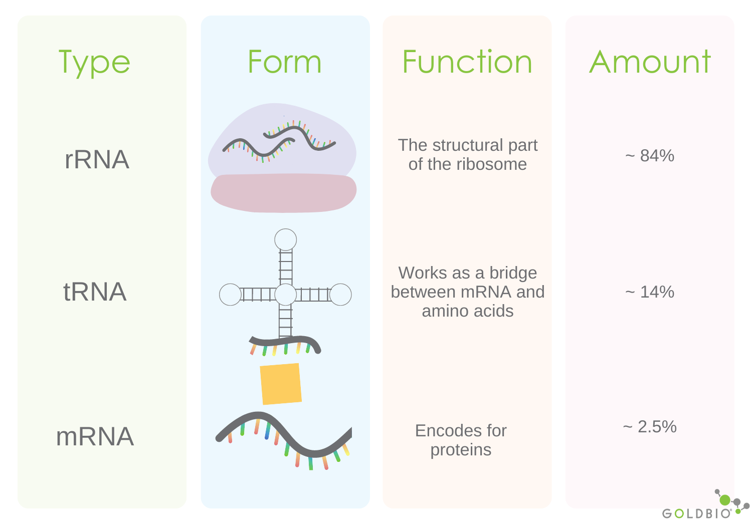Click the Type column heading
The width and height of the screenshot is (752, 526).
click(x=94, y=63)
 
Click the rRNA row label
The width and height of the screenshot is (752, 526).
click(x=97, y=160)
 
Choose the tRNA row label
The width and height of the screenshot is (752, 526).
click(x=95, y=292)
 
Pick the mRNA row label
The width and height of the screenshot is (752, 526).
click(x=95, y=436)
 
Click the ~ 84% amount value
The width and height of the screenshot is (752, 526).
click(x=650, y=156)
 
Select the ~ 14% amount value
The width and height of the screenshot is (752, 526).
click(x=650, y=292)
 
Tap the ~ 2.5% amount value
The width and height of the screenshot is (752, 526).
click(x=650, y=427)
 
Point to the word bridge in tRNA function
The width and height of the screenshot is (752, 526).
click(x=513, y=273)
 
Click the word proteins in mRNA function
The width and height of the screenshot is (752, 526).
click(x=461, y=450)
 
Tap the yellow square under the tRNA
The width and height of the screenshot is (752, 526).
click(x=281, y=384)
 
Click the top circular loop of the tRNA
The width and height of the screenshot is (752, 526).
click(x=286, y=240)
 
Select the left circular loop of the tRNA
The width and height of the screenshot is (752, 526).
click(x=231, y=295)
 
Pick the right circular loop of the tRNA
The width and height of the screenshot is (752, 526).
click(x=340, y=295)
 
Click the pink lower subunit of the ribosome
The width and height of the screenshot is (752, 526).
click(x=283, y=193)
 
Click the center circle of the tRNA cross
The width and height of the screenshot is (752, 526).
click(x=286, y=295)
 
